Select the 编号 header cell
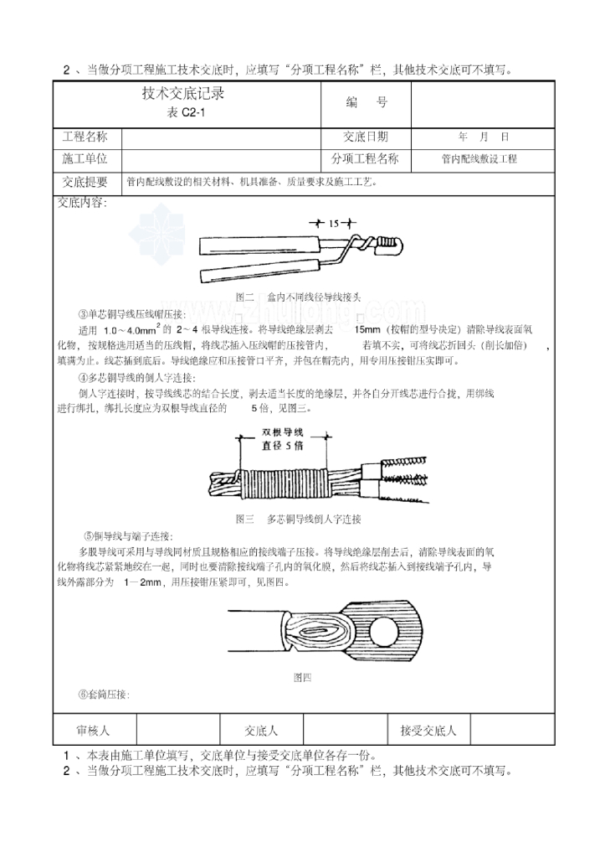point(366,103)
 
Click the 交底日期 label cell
point(366,137)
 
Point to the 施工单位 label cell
point(87,158)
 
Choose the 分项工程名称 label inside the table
point(365,158)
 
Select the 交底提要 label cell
point(87,181)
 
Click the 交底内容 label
point(81,202)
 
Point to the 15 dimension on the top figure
point(333,224)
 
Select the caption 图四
point(301,676)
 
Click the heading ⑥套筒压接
point(105,694)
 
